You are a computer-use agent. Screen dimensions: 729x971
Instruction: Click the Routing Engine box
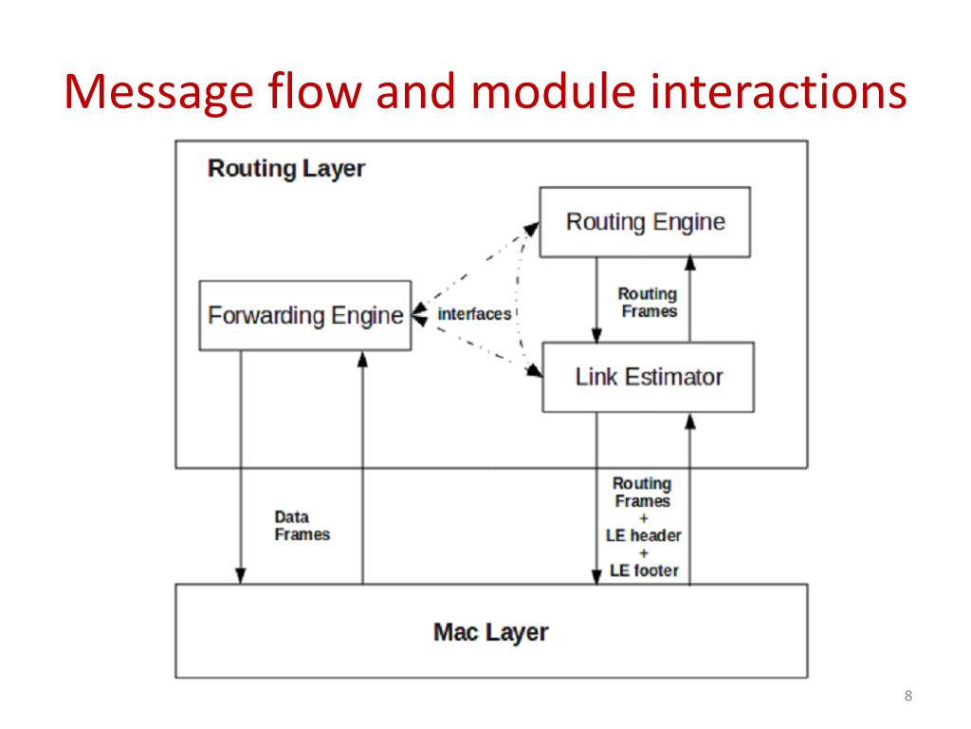645,222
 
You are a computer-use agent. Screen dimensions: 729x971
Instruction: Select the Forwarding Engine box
305,315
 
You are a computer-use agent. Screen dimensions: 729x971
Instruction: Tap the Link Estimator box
649,377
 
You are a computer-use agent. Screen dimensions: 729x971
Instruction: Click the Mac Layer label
490,631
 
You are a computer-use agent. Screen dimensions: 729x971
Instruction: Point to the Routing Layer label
285,170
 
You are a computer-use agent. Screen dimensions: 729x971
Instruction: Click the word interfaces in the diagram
474,314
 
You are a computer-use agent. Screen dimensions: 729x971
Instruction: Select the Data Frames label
302,526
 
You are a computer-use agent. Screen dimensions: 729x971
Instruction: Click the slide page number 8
907,697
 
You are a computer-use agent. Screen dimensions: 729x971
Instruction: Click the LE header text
643,535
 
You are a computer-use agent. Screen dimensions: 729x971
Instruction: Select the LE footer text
643,572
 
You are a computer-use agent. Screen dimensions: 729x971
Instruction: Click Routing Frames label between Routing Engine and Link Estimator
648,302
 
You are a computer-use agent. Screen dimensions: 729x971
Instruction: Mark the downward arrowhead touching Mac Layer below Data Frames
241,575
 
